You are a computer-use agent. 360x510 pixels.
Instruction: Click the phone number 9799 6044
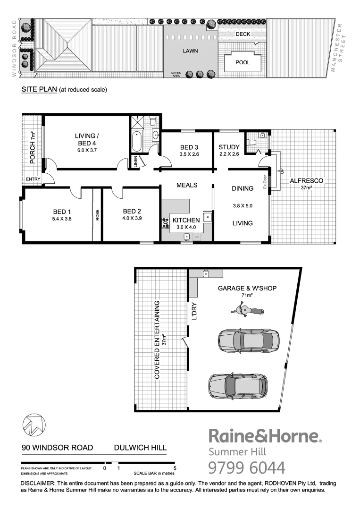pyautogui.click(x=247, y=467)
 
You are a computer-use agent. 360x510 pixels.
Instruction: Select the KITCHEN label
pyautogui.click(x=186, y=220)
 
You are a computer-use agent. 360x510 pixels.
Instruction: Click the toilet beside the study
pyautogui.click(x=253, y=141)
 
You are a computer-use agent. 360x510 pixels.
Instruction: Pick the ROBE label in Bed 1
pyautogui.click(x=98, y=215)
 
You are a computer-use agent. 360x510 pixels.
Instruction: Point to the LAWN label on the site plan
pyautogui.click(x=191, y=51)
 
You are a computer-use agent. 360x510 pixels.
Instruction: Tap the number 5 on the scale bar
pyautogui.click(x=175, y=469)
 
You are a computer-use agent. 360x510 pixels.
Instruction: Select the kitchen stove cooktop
pyautogui.click(x=166, y=222)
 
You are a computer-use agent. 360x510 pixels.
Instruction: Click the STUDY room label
pyautogui.click(x=230, y=147)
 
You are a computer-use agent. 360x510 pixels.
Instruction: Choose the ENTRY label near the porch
pyautogui.click(x=33, y=179)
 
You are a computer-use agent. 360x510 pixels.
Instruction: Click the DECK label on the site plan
pyautogui.click(x=243, y=34)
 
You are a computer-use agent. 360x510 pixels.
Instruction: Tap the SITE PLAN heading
pyautogui.click(x=39, y=89)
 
